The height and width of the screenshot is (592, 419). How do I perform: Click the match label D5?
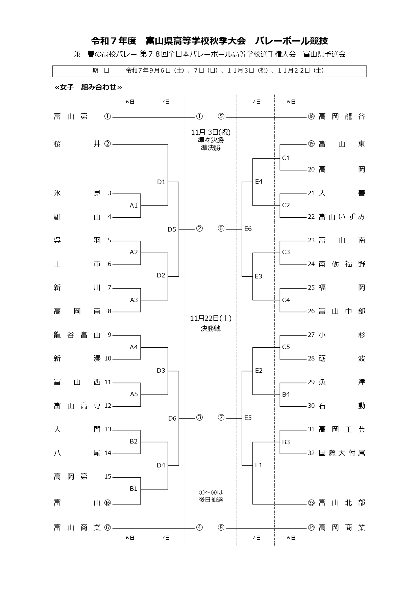tap(172, 230)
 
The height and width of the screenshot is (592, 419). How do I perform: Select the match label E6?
tap(248, 229)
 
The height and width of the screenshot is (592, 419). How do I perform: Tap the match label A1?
tap(134, 206)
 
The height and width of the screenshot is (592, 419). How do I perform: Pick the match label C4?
tap(286, 300)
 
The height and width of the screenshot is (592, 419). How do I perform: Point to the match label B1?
tap(134, 489)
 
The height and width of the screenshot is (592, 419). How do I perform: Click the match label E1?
tap(258, 465)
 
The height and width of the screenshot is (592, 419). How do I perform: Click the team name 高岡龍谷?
tap(342, 117)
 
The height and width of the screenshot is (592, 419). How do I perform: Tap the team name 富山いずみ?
tap(342, 217)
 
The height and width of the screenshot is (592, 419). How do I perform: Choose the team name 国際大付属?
tap(342, 453)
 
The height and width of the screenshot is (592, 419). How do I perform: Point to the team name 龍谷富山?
tap(77, 335)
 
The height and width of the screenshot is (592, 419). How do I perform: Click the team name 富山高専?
tap(77, 406)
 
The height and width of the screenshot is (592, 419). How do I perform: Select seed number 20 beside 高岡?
tap(311, 169)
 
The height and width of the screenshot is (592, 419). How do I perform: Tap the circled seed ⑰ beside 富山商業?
tap(107, 528)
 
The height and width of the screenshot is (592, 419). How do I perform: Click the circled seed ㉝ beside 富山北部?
tap(311, 503)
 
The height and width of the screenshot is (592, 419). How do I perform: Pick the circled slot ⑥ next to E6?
tap(221, 229)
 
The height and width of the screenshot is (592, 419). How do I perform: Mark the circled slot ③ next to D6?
tap(199, 418)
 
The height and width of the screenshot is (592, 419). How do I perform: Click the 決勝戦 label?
tap(211, 328)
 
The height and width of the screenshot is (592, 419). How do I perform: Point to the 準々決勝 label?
tap(211, 140)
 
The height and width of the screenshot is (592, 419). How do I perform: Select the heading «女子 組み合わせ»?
tap(88, 87)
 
